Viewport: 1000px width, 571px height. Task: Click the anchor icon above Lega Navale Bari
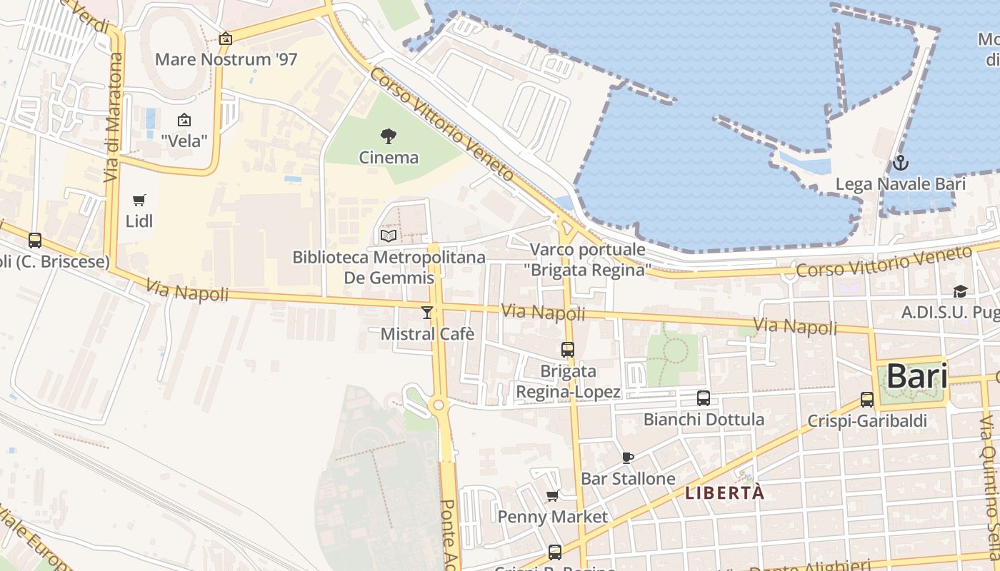(x=900, y=163)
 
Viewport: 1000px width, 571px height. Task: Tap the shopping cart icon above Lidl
(x=139, y=201)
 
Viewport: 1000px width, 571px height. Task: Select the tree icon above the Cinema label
(x=389, y=136)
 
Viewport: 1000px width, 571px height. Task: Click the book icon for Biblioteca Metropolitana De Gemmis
(x=389, y=236)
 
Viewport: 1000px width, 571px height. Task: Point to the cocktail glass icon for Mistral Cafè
(x=427, y=313)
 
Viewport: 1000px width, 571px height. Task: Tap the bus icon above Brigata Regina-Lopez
(x=568, y=350)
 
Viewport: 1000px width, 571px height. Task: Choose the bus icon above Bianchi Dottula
(x=704, y=398)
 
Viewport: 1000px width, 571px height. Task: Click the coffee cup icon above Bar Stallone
(x=628, y=458)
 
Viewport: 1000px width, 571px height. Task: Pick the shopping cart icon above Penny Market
(x=552, y=495)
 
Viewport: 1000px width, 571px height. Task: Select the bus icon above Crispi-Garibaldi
(x=867, y=400)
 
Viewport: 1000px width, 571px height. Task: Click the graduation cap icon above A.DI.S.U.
(x=960, y=291)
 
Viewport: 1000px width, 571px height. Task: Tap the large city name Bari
(x=917, y=376)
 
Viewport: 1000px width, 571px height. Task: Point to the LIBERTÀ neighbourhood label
(x=724, y=492)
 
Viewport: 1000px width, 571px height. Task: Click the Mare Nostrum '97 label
(x=226, y=59)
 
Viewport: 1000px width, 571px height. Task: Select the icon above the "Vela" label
(x=184, y=120)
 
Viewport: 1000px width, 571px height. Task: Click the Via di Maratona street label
(x=114, y=117)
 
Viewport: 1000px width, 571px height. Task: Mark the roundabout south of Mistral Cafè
(x=439, y=405)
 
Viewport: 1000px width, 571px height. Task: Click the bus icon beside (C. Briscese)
(x=35, y=241)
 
